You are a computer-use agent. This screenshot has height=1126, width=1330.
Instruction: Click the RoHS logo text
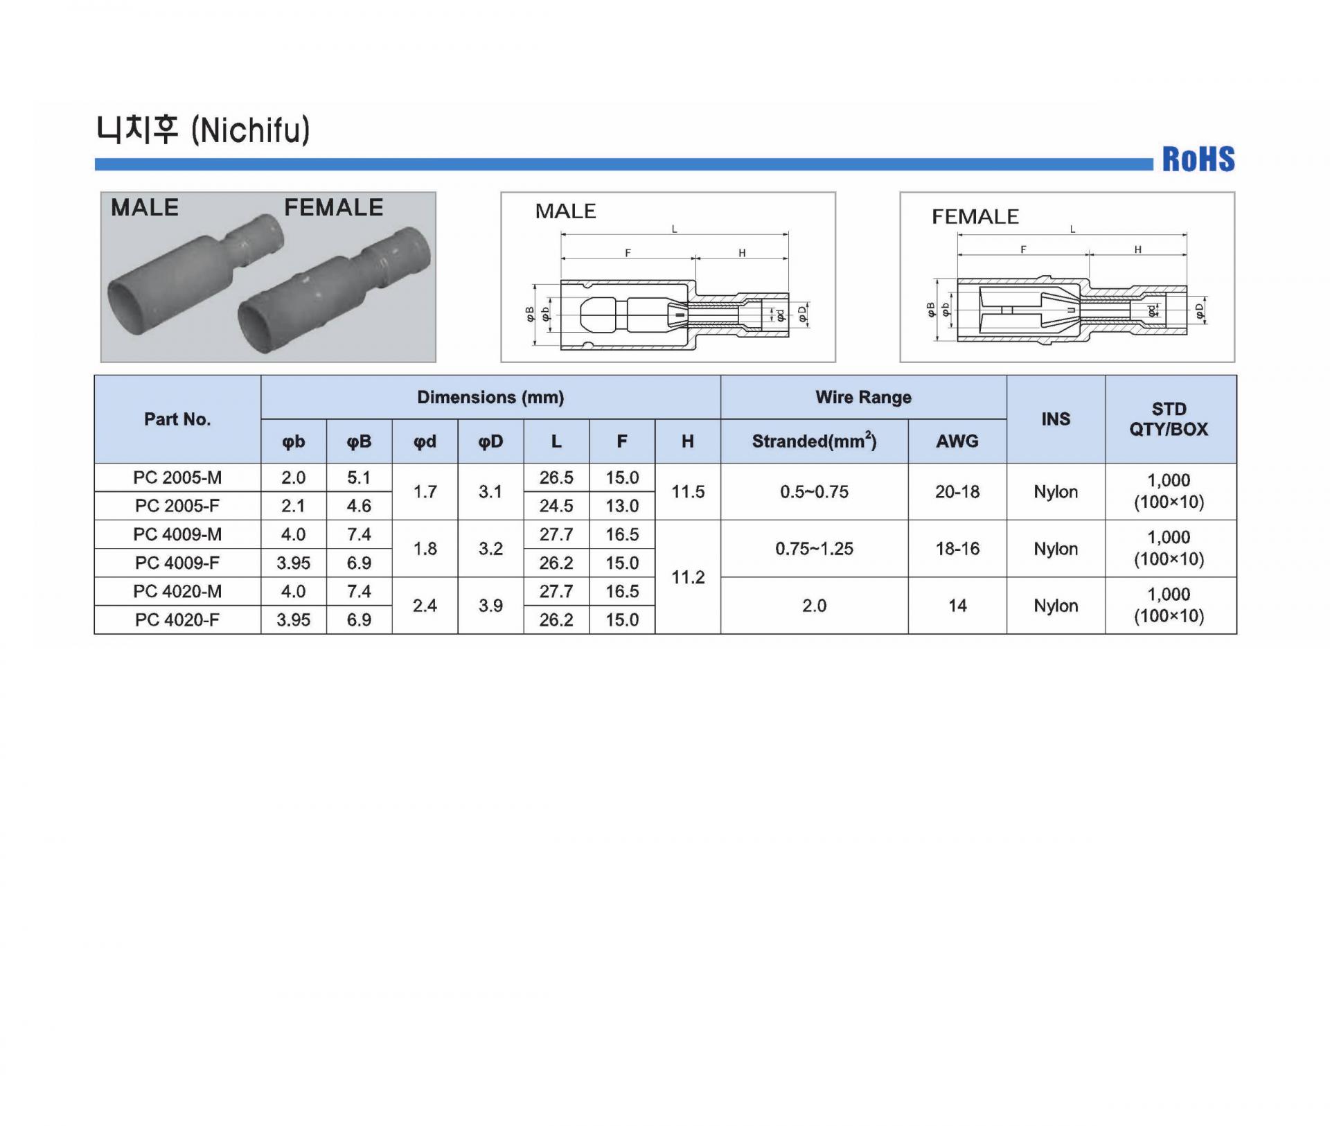[x=1198, y=159]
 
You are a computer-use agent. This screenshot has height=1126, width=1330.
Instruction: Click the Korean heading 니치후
[x=137, y=130]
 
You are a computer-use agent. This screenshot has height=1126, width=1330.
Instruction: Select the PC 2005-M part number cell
[x=177, y=477]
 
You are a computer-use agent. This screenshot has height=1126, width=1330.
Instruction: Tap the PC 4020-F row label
[x=177, y=619]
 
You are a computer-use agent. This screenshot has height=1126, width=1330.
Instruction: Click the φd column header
[x=425, y=441]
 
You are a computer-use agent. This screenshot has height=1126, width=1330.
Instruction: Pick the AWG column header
[x=957, y=441]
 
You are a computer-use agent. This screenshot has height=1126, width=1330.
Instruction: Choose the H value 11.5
[x=688, y=492]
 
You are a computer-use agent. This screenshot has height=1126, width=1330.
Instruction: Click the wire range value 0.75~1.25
[x=814, y=549]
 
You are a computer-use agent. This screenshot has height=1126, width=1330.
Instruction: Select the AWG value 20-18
[x=957, y=492]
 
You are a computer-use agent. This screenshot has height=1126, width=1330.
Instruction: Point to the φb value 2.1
[x=293, y=506]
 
